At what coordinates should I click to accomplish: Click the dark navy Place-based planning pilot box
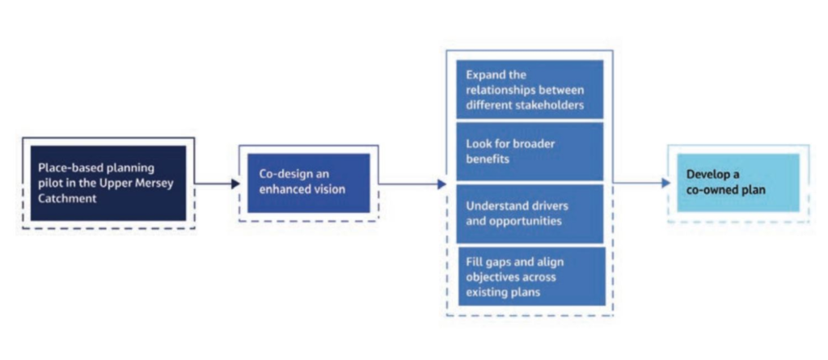point(108,183)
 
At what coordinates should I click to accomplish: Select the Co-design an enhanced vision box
point(308,182)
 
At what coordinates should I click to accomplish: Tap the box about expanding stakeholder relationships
point(530,90)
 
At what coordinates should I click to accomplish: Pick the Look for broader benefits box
point(530,151)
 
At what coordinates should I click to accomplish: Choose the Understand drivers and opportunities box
point(530,214)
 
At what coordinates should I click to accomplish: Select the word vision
point(329,189)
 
